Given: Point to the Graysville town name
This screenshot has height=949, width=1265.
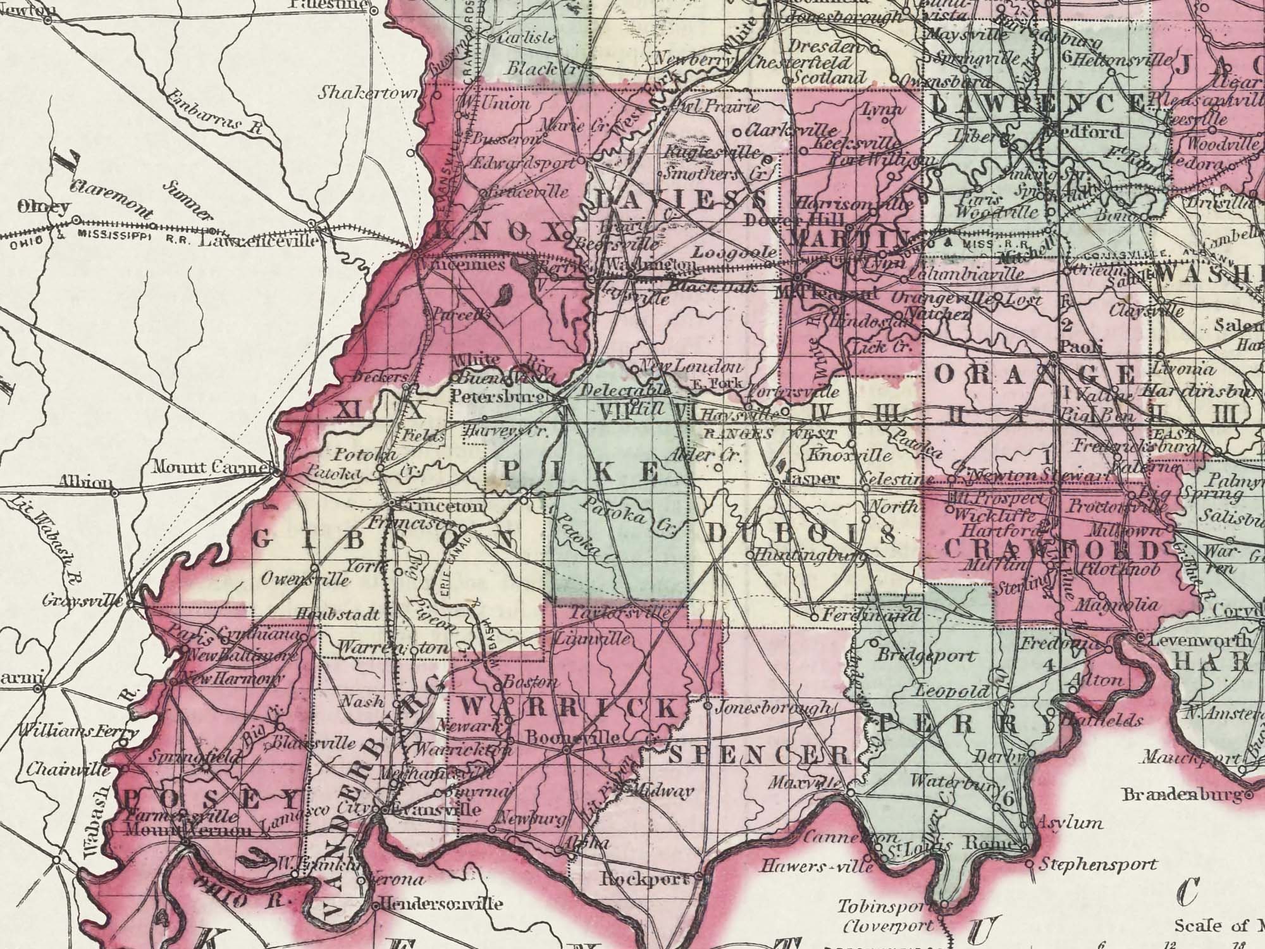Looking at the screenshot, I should coord(82,600).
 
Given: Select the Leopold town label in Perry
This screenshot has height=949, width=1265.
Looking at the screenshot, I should coord(953,691).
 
